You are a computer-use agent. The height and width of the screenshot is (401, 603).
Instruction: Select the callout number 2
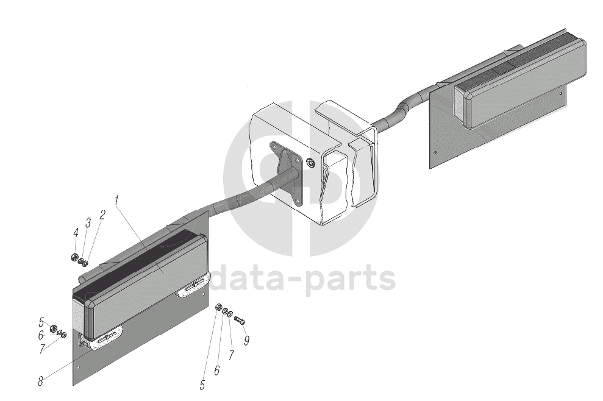coord(102,214)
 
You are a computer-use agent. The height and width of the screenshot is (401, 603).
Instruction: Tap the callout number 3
coord(88,223)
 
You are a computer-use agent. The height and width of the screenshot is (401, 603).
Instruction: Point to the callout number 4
coord(76,232)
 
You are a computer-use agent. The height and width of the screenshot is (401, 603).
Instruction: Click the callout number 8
coord(40,381)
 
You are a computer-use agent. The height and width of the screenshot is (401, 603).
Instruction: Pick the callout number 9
coord(246,341)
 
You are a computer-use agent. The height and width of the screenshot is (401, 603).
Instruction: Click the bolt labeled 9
coord(239,319)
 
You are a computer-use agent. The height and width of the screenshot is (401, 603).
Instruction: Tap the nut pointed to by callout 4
coord(74,257)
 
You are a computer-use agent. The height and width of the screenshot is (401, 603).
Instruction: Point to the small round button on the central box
coord(310,163)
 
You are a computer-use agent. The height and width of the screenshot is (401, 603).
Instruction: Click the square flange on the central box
coord(286,173)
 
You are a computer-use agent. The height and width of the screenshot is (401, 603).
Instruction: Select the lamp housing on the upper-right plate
coord(521,85)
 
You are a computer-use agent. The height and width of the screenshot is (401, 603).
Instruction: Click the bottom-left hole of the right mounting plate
coord(434,152)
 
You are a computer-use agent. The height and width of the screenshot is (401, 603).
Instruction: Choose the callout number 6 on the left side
coord(40,335)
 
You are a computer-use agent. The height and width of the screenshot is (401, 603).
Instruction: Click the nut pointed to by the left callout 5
coord(53,328)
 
